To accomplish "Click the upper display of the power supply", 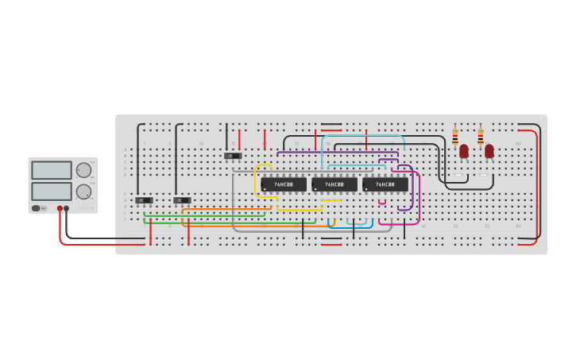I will click(52, 170).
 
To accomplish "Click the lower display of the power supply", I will click(52, 191).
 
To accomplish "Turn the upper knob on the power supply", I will click(83, 170).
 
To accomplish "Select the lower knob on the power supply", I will click(83, 192).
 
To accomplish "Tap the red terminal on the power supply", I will click(60, 208).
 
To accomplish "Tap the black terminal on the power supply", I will click(66, 208).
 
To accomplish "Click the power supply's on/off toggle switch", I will click(37, 208).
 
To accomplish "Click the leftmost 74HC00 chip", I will click(284, 184).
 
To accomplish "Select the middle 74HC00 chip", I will click(334, 184).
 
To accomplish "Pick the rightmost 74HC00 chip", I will click(385, 184).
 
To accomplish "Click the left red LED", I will click(464, 151).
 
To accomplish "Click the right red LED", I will click(489, 151).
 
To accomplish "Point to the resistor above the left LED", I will click(455, 137).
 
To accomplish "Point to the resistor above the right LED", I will click(481, 137).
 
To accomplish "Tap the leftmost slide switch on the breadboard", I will click(144, 200).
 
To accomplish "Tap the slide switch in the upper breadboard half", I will click(233, 156).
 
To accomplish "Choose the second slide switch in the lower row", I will click(182, 200).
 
